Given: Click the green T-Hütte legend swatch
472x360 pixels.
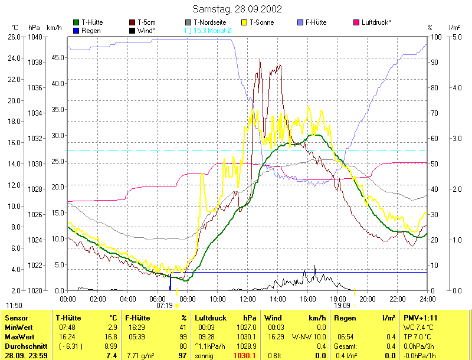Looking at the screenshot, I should click(x=76, y=22).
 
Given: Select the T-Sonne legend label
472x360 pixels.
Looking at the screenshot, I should click(x=262, y=22).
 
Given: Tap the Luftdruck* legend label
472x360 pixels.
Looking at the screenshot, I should click(x=376, y=22).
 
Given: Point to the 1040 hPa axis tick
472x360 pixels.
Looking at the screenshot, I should click(x=34, y=37).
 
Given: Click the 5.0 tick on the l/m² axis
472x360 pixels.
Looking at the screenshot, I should click(x=454, y=37).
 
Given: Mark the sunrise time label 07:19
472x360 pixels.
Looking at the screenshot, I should click(x=165, y=306).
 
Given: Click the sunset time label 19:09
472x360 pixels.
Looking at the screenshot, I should click(x=342, y=306).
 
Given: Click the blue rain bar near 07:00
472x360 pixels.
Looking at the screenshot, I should click(x=171, y=282).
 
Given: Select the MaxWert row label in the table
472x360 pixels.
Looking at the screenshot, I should click(x=18, y=336).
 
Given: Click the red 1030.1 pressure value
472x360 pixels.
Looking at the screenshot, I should click(x=244, y=356).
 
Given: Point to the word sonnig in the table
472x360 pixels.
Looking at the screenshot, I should click(x=204, y=356).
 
